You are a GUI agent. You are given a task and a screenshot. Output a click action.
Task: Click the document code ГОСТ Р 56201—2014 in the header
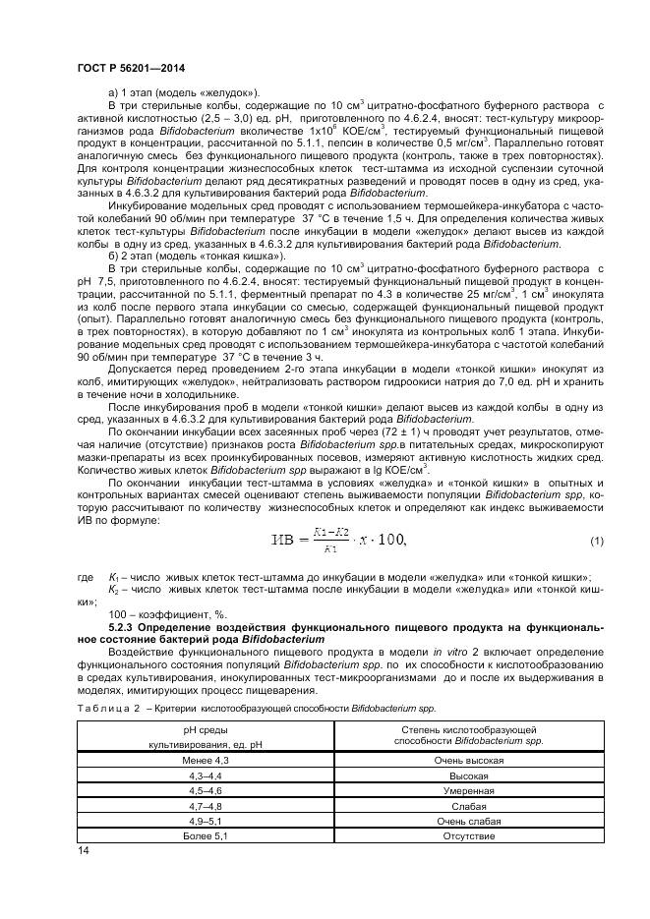point(130,67)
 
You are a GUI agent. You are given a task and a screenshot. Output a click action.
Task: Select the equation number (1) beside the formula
point(596,542)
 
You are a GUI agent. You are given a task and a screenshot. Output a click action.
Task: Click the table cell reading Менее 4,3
point(206,761)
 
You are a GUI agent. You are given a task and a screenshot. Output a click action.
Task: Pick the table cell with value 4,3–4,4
point(206,775)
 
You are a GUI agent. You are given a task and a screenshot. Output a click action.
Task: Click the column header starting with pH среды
point(206,738)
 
